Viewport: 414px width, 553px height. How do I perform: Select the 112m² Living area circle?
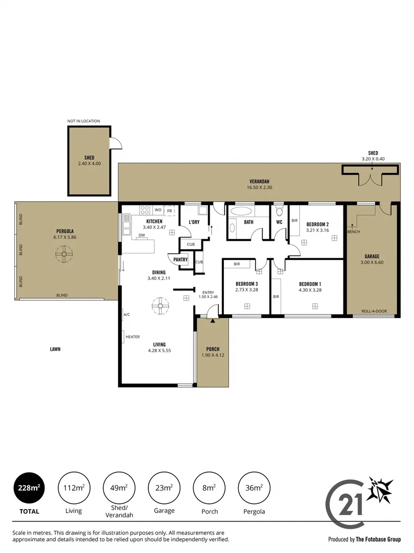point(74,488)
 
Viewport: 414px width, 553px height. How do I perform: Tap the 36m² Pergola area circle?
point(255,488)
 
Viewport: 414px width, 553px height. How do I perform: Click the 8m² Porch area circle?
point(210,488)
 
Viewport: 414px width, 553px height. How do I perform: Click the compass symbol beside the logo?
point(380,490)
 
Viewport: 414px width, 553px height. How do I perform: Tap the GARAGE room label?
point(372,256)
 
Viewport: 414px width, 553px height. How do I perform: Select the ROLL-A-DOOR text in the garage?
point(372,311)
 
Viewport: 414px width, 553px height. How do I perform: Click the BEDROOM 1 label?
point(310,284)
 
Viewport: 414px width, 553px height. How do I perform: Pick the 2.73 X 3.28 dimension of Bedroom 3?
point(246,290)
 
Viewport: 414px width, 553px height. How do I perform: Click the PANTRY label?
point(180,260)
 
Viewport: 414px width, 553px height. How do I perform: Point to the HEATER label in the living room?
point(132,336)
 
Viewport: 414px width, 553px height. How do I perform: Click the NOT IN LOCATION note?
point(84,121)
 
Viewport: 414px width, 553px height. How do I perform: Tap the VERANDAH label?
point(259,182)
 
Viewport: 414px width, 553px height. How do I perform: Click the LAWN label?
point(55,349)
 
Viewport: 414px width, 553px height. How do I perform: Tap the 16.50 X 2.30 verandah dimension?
point(259,188)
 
